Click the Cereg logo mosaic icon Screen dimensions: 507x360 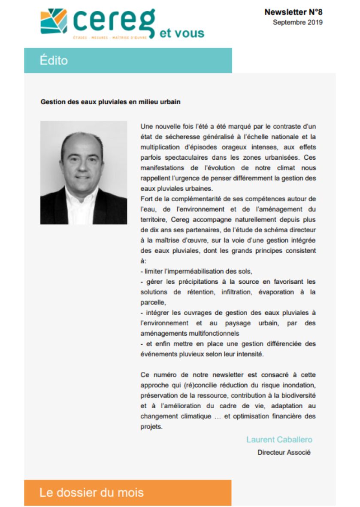(x=54, y=21)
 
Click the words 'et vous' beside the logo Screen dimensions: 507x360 (x=182, y=33)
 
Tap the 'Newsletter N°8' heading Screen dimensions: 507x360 (x=293, y=12)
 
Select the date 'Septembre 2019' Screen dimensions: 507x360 (x=297, y=22)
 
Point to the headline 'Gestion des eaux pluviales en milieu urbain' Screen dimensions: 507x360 (x=110, y=102)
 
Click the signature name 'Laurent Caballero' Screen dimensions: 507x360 (x=279, y=440)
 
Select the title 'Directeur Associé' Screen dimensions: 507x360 (x=284, y=452)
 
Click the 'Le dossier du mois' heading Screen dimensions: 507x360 (x=91, y=492)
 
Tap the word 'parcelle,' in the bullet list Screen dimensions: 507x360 (x=153, y=302)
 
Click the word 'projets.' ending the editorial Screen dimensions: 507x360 (x=151, y=427)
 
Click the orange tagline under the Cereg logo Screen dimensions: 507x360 (x=110, y=38)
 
